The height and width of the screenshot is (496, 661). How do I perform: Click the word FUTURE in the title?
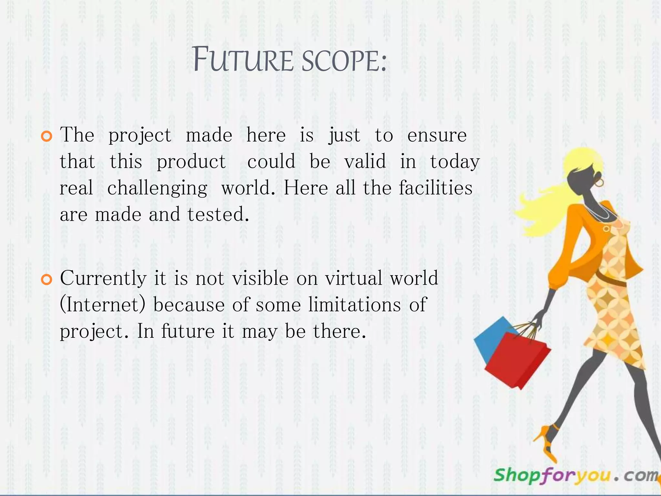click(x=243, y=60)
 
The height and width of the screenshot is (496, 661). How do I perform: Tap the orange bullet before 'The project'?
click(x=47, y=136)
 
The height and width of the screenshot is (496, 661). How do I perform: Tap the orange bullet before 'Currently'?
click(x=47, y=280)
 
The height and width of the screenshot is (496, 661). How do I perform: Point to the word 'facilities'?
click(x=435, y=188)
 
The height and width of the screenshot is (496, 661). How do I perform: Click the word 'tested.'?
click(x=218, y=214)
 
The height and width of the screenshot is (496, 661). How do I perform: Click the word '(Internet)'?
click(x=103, y=305)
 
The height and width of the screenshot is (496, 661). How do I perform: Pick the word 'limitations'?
click(x=354, y=305)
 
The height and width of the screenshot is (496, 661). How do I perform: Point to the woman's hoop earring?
click(x=599, y=183)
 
